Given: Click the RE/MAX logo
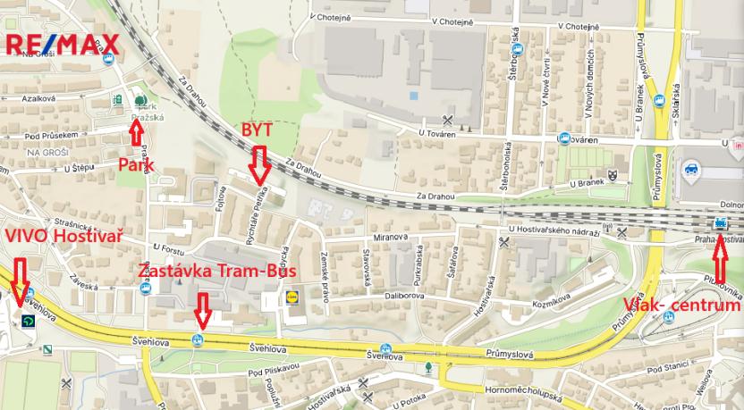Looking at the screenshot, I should tap(63, 44).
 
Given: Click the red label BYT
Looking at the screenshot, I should tap(257, 130).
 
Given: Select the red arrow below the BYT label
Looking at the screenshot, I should tap(260, 164).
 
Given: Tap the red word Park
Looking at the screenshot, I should tap(136, 164).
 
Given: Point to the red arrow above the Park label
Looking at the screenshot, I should tap(136, 133).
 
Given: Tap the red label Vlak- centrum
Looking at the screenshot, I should tap(681, 306).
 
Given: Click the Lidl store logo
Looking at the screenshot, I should tap(291, 295).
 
